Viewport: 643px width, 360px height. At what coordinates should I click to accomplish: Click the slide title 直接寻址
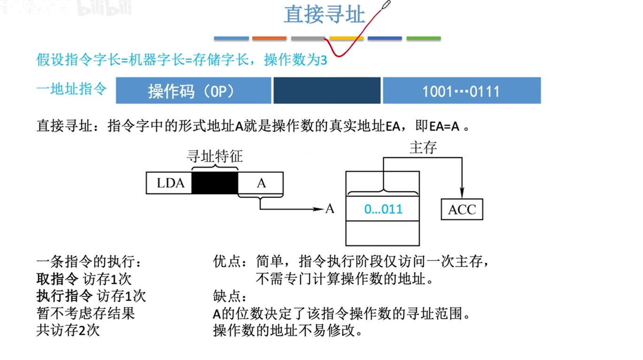click(x=324, y=15)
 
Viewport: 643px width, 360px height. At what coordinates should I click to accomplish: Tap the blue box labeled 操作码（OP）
click(x=193, y=91)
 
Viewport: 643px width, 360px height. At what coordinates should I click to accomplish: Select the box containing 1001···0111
click(x=461, y=91)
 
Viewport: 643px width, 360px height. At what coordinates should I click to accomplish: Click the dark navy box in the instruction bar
click(x=327, y=91)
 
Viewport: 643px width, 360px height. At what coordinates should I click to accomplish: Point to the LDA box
click(x=170, y=183)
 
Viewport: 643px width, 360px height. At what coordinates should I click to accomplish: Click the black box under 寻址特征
click(x=215, y=183)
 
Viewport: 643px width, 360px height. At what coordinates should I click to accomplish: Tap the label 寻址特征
click(x=215, y=156)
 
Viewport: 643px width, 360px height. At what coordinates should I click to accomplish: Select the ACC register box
click(x=462, y=210)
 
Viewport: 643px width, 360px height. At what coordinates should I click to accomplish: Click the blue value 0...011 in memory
click(x=383, y=209)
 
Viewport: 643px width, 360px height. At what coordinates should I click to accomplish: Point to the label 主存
click(x=423, y=148)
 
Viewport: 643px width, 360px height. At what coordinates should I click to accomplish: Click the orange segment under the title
click(x=269, y=38)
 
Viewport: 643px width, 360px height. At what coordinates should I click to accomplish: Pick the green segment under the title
click(x=423, y=38)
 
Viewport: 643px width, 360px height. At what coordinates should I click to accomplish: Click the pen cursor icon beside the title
click(x=386, y=5)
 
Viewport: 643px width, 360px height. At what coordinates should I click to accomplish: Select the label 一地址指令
click(x=72, y=89)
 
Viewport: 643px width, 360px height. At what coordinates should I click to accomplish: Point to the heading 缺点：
click(x=230, y=297)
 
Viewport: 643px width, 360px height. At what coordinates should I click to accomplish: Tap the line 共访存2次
click(x=68, y=330)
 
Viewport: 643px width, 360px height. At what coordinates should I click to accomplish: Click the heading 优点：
click(x=230, y=261)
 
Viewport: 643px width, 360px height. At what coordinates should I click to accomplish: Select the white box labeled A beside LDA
click(x=261, y=183)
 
